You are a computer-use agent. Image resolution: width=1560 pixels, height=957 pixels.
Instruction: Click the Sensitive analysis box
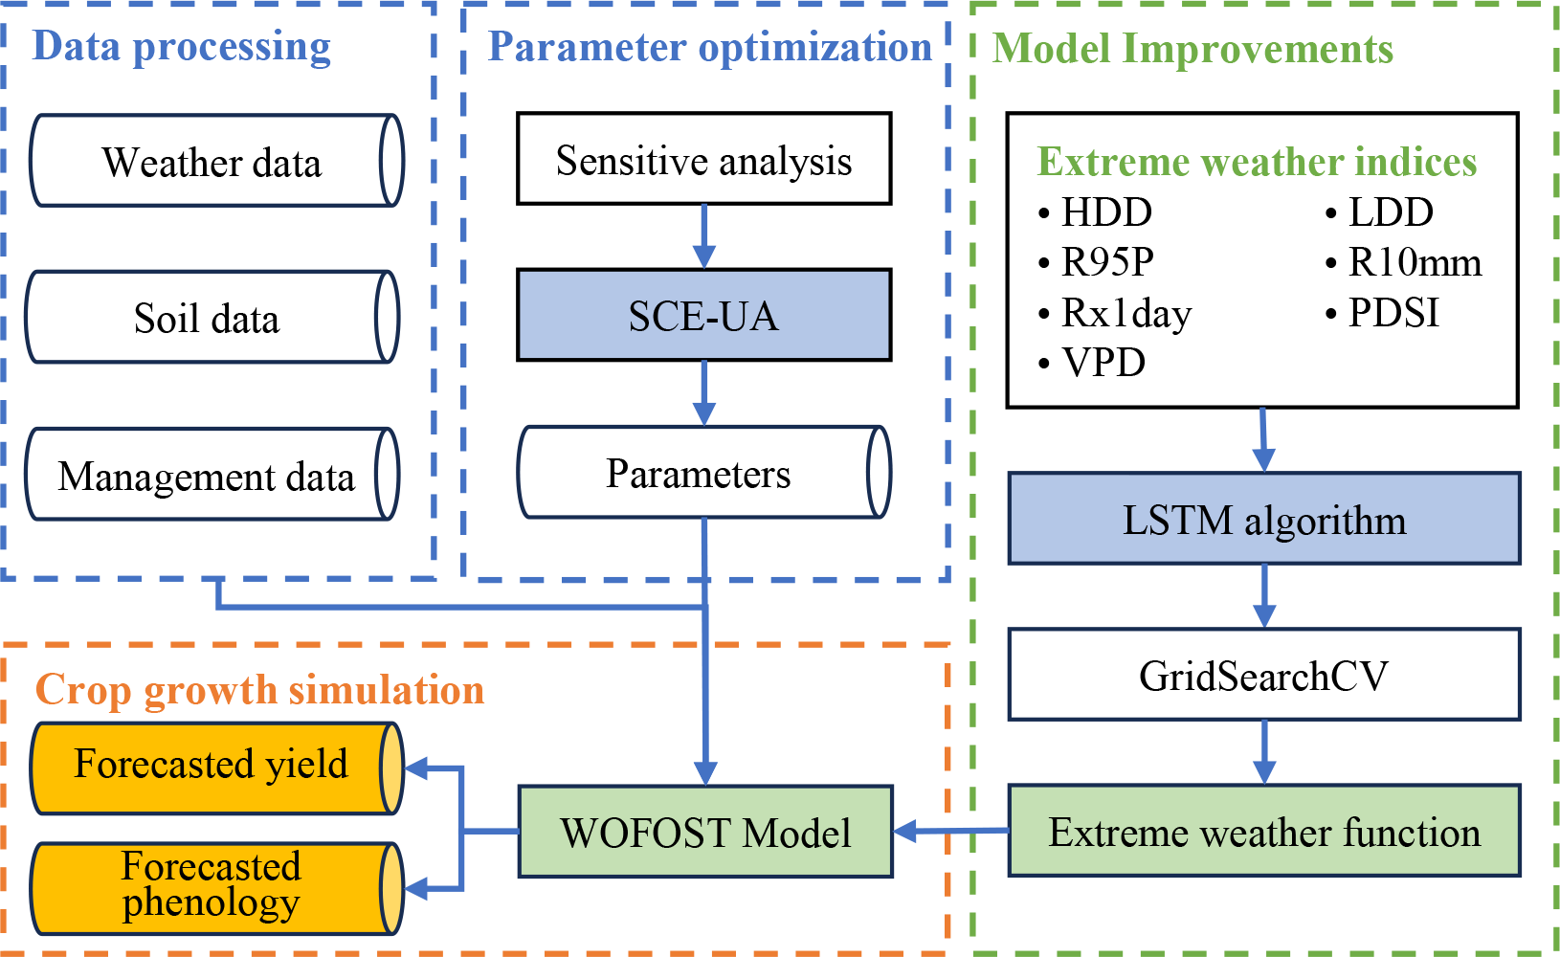703,159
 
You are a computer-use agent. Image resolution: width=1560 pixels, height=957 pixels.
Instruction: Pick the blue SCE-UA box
703,315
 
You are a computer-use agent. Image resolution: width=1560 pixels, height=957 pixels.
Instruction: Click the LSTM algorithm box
1264,519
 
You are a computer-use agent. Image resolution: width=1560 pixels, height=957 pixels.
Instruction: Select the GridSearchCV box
1264,675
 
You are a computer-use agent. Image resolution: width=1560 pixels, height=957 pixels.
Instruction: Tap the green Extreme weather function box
1264,832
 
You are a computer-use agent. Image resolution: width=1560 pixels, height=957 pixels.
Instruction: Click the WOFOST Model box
705,832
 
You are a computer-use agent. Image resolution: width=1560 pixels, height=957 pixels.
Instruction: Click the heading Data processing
182,46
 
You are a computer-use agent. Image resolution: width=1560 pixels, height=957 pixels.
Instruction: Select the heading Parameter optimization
709,47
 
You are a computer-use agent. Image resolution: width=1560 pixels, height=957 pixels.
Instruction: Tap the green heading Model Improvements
1192,49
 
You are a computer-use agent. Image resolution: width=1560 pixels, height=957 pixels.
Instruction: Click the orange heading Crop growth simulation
259,690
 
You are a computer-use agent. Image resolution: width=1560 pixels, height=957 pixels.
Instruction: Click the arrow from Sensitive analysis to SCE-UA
704,236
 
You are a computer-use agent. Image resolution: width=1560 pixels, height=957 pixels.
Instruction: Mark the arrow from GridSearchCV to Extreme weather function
1264,752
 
